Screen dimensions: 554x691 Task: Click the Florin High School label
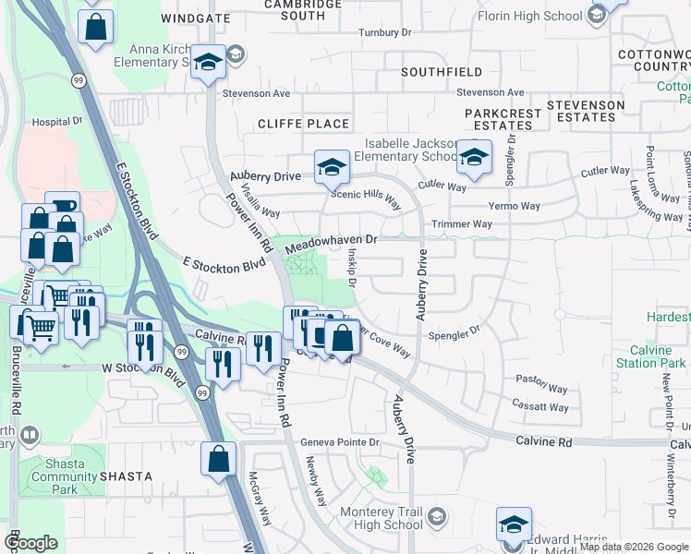click(530, 15)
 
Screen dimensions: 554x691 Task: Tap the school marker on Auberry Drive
click(332, 167)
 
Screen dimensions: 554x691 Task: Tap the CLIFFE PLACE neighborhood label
click(304, 124)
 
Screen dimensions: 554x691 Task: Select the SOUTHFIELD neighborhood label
click(442, 71)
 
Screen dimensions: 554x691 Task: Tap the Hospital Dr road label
click(57, 121)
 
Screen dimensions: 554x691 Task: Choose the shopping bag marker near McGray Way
click(219, 459)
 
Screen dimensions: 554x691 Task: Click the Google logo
click(31, 543)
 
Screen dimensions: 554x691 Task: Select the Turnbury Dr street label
click(384, 32)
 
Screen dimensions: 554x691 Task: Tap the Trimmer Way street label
click(462, 224)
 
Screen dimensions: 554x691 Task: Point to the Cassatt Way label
click(541, 407)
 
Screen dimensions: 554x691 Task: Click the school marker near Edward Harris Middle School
click(513, 524)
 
